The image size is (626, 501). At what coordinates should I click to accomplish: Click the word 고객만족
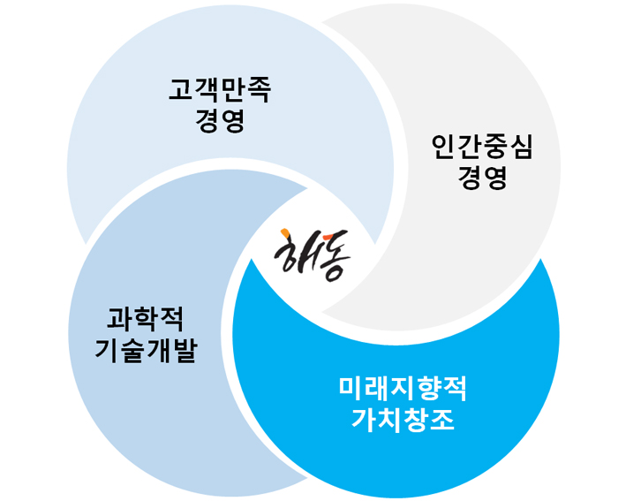coord(220,89)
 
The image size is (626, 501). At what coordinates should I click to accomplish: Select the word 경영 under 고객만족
coord(220,119)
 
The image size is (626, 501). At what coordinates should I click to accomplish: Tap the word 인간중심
coord(482,147)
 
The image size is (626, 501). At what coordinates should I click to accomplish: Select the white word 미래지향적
coord(403,388)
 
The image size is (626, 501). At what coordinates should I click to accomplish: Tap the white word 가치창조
coord(403,419)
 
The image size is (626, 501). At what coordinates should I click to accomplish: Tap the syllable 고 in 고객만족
coord(181,89)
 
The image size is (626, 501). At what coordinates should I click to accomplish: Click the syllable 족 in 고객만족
coord(259,89)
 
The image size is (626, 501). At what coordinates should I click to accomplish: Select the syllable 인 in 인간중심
coord(443,147)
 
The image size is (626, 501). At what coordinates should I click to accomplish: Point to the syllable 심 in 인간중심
coord(521,147)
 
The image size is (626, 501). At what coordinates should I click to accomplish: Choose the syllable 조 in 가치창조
coord(441,419)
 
